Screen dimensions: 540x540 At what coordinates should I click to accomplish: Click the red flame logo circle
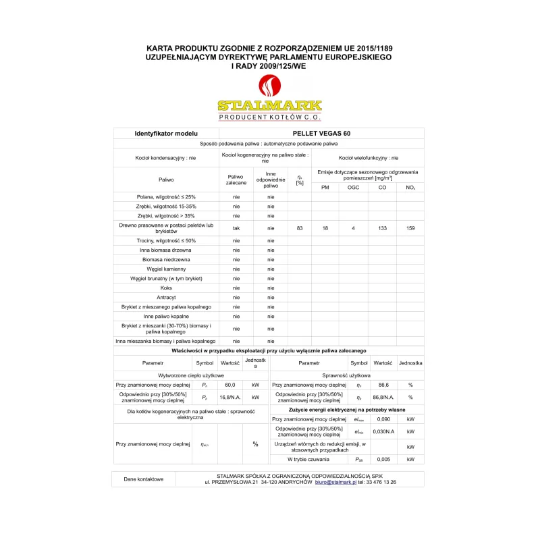tap(269, 86)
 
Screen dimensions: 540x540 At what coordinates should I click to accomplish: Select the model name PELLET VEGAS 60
tap(322, 134)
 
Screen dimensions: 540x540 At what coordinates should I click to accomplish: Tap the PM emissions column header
tap(325, 187)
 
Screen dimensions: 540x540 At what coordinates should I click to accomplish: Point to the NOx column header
tap(410, 187)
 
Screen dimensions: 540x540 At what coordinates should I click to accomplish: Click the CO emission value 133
tap(382, 229)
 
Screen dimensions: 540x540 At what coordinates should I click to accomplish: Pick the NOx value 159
tap(410, 229)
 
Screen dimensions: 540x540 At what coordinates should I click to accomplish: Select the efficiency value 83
tap(300, 229)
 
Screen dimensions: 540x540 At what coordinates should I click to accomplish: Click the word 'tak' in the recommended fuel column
tap(236, 229)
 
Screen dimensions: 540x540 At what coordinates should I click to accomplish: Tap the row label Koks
tap(166, 288)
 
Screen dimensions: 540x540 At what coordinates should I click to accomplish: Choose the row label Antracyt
tap(166, 297)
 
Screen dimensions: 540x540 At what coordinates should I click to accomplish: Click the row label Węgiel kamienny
tap(166, 269)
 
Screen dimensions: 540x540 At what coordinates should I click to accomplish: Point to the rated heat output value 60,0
tap(230, 385)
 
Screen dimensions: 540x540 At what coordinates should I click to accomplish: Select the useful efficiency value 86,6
tap(383, 385)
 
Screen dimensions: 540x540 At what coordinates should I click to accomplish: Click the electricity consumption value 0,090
tap(383, 419)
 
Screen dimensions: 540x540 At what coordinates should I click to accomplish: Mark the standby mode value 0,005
tap(383, 459)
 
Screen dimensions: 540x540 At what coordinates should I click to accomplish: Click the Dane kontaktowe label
tap(144, 479)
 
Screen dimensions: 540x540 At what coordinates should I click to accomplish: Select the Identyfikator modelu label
tap(166, 134)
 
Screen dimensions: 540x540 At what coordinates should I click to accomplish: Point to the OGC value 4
tap(353, 229)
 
